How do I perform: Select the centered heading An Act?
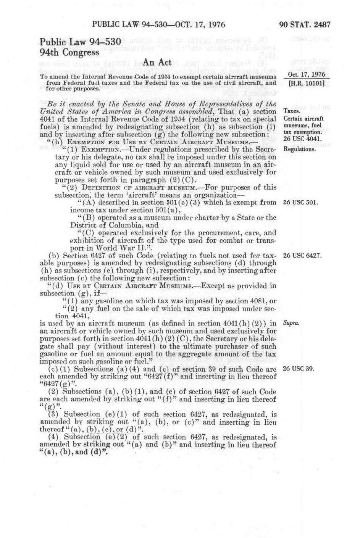pyautogui.click(x=157, y=62)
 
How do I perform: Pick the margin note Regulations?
pyautogui.click(x=299, y=149)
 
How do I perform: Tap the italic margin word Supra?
pyautogui.click(x=291, y=323)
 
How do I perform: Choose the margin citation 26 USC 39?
pyautogui.click(x=299, y=369)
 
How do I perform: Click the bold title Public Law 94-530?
pyautogui.click(x=80, y=42)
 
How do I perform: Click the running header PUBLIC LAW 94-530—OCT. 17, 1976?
pyautogui.click(x=158, y=25)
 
